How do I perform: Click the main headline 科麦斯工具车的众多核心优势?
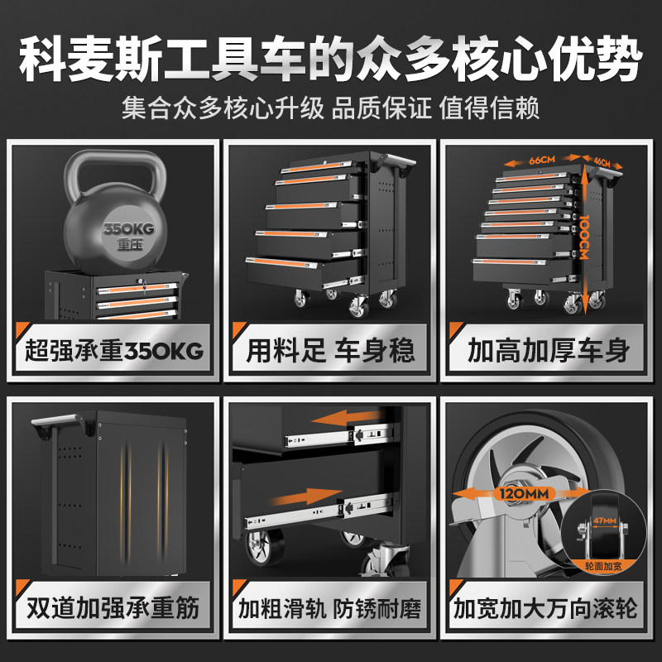click(x=330, y=59)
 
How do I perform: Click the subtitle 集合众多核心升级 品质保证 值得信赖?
click(x=330, y=108)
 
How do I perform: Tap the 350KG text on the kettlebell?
click(x=129, y=229)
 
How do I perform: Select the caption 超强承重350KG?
click(x=114, y=351)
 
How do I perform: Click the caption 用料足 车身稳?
click(x=330, y=351)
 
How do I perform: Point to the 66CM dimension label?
click(x=542, y=160)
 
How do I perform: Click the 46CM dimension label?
click(x=602, y=161)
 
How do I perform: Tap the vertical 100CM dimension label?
click(x=584, y=237)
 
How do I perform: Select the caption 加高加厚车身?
click(x=549, y=351)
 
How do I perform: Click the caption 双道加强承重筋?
click(x=113, y=608)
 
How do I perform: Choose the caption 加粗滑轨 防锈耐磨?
click(x=329, y=608)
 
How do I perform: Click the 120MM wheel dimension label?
click(x=524, y=493)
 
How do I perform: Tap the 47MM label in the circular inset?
click(x=605, y=520)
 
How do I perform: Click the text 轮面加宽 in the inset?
click(x=603, y=566)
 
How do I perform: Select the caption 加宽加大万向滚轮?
click(x=545, y=608)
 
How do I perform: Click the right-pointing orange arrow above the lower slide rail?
click(x=305, y=497)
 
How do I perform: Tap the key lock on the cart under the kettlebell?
click(x=140, y=282)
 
